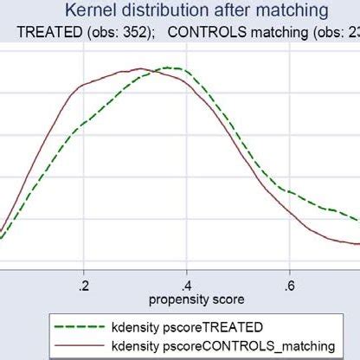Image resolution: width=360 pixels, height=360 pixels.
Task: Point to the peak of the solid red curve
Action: pyautogui.click(x=138, y=68)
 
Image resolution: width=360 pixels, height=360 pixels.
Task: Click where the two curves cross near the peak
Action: pyautogui.click(x=154, y=72)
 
